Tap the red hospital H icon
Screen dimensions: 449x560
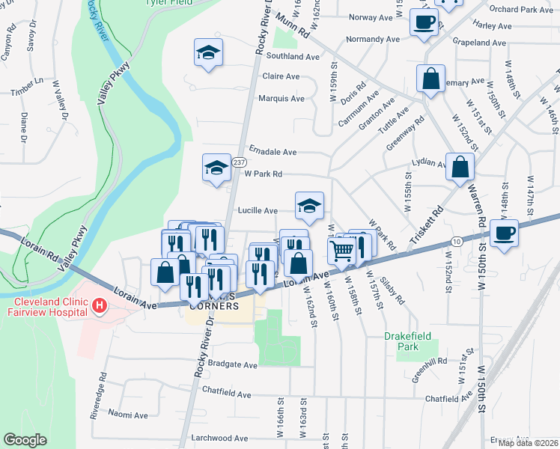pos(98,305)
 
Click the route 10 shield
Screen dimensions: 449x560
pos(456,241)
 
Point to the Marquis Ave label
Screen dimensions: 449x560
pos(281,99)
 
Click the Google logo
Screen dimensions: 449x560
pos(25,440)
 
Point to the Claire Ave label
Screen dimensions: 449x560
pos(281,76)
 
